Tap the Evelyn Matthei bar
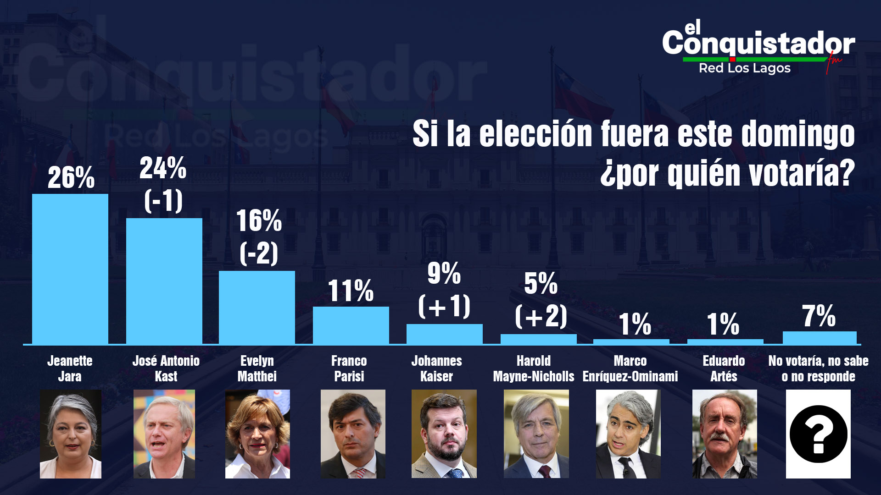(257, 307)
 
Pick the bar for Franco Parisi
(351, 325)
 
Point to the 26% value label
(71, 177)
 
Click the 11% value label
(351, 291)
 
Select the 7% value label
(819, 316)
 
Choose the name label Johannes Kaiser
(437, 368)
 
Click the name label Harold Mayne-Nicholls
(534, 368)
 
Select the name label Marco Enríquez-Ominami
(630, 368)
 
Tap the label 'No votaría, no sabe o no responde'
(819, 368)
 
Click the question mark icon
(819, 434)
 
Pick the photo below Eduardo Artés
(725, 434)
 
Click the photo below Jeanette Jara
(71, 434)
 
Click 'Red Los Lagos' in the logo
(745, 68)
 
